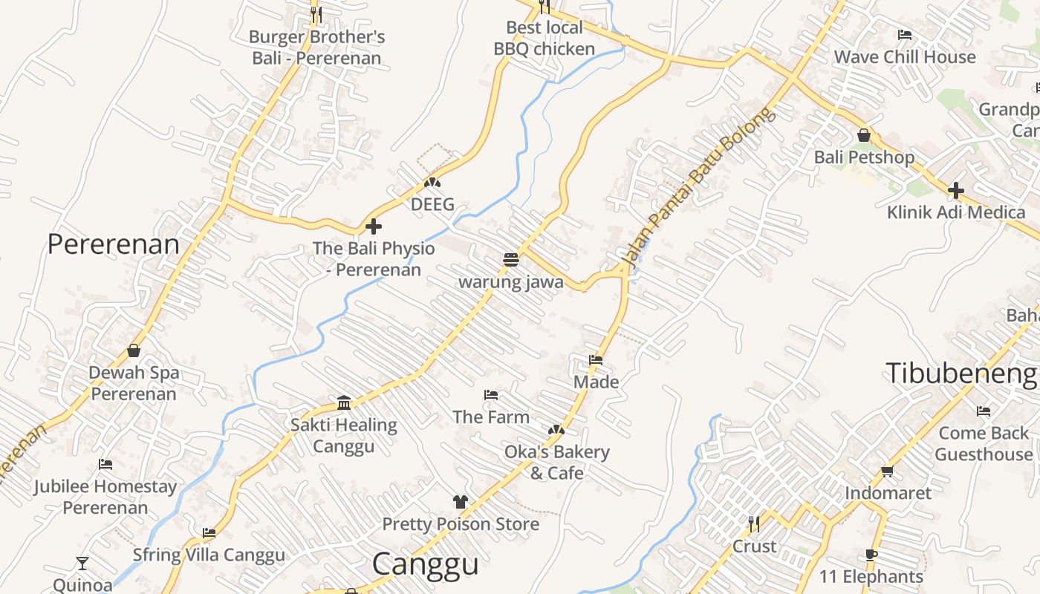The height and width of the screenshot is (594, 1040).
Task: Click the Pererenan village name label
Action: pyautogui.click(x=113, y=244)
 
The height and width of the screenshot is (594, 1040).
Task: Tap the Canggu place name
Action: pyautogui.click(x=425, y=564)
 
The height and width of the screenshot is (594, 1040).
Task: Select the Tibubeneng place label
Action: pyautogui.click(x=961, y=373)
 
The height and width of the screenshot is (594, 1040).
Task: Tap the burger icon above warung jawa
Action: pyautogui.click(x=510, y=260)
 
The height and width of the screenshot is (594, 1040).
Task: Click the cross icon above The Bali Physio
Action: pyautogui.click(x=374, y=226)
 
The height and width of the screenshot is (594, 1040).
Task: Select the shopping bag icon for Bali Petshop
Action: pyautogui.click(x=863, y=135)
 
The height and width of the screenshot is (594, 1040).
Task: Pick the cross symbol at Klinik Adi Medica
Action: pyautogui.click(x=955, y=191)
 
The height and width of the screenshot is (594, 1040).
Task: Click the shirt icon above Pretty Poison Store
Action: pyautogui.click(x=461, y=502)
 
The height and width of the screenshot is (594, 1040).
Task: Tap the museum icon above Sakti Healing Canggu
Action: pyautogui.click(x=344, y=403)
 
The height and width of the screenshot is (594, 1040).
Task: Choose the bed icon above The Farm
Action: pyautogui.click(x=491, y=395)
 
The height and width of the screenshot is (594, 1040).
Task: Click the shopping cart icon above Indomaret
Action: pyautogui.click(x=887, y=471)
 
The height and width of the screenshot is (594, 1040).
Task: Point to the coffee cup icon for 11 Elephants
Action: pyautogui.click(x=871, y=555)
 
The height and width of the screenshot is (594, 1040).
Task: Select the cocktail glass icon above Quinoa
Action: pyautogui.click(x=82, y=564)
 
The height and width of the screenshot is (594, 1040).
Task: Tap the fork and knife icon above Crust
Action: pyautogui.click(x=754, y=524)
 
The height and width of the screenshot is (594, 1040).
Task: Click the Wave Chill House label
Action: pyautogui.click(x=904, y=57)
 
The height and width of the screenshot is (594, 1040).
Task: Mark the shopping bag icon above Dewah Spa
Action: pyautogui.click(x=134, y=350)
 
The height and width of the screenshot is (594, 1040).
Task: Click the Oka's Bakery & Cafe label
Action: pyautogui.click(x=556, y=462)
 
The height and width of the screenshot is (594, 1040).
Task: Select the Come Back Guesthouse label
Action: pyautogui.click(x=984, y=443)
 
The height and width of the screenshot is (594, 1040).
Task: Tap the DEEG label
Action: pyautogui.click(x=432, y=204)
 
